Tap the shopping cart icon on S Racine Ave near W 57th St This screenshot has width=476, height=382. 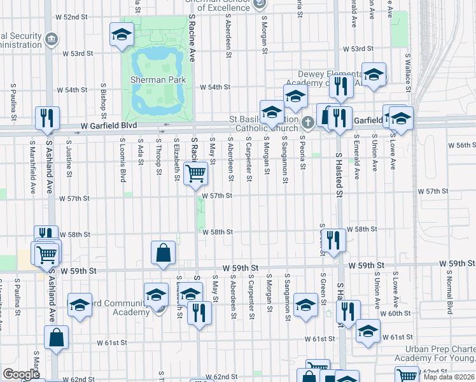[195, 173]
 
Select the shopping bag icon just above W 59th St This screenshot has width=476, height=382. [164, 252]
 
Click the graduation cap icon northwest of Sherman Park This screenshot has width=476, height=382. [121, 35]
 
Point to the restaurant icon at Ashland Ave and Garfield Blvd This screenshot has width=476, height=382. [47, 118]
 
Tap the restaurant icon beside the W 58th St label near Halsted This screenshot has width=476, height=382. [333, 240]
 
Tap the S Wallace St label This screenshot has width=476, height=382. [407, 69]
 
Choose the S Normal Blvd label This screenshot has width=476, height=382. [449, 299]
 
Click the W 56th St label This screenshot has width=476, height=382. [463, 146]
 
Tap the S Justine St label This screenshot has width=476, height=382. [68, 164]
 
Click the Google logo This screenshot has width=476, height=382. [21, 374]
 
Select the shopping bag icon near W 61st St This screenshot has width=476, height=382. [56, 339]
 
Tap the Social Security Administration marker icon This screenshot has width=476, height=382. [52, 40]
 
